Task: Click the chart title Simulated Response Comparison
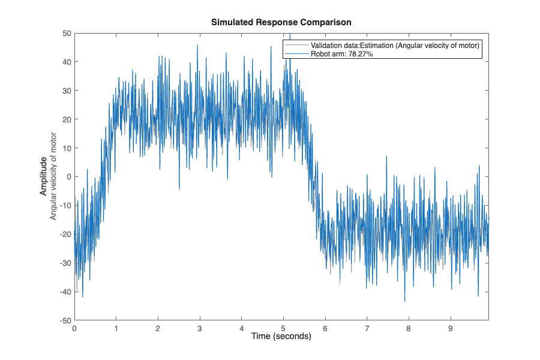point(281,22)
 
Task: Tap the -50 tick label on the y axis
point(65,320)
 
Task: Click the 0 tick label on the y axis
point(70,176)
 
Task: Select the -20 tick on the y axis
point(65,234)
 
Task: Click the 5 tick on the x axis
point(283,328)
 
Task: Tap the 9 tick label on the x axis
point(450,328)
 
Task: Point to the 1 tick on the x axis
point(116,328)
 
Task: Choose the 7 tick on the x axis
point(367,328)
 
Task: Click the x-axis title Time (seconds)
point(281,337)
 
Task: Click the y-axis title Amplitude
point(44,176)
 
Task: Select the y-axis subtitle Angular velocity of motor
point(53,176)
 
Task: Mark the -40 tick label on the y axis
point(65,292)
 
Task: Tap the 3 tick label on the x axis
point(200,328)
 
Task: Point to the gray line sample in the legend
point(297,46)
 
